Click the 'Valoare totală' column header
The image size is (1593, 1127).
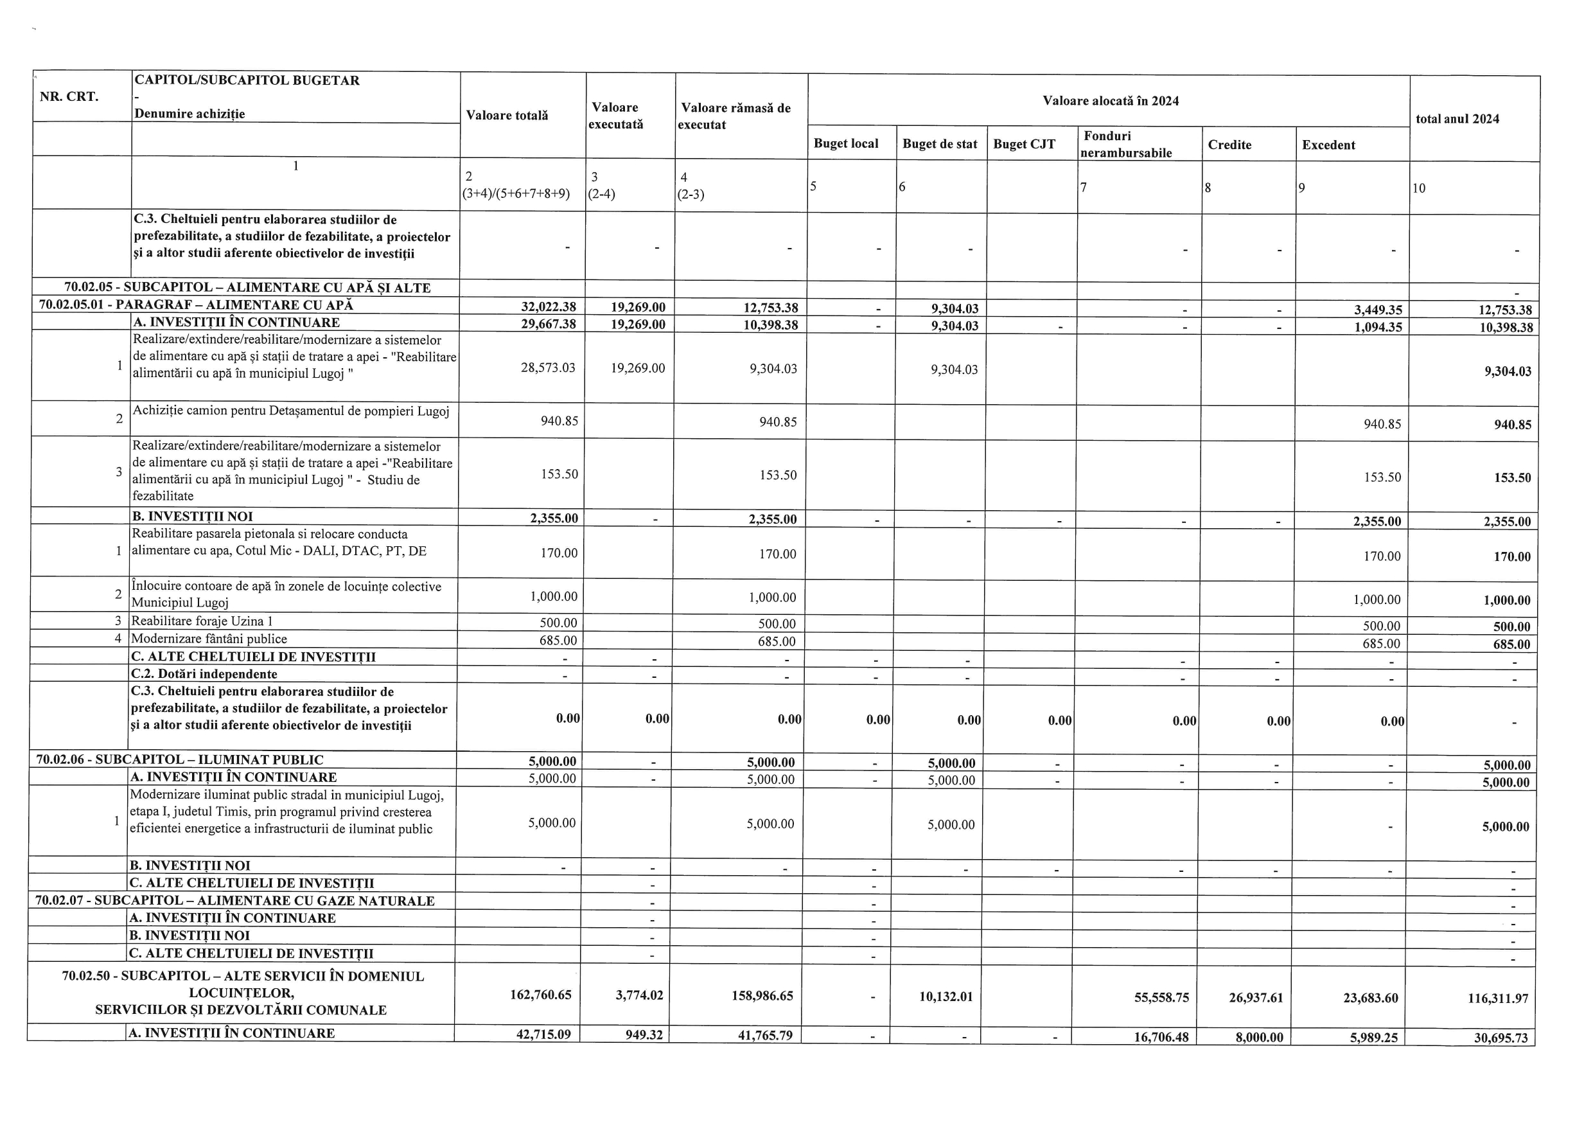click(x=507, y=115)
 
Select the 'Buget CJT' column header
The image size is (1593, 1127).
click(x=1024, y=145)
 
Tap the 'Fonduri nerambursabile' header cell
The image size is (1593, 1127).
click(x=1125, y=145)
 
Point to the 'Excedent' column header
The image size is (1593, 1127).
click(x=1328, y=145)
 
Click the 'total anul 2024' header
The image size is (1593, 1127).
click(x=1457, y=119)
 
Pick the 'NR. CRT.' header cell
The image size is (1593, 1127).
click(x=69, y=96)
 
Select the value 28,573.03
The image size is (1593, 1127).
click(x=547, y=368)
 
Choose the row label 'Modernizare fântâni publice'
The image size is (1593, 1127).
click(x=209, y=639)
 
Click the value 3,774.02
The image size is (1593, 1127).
click(x=639, y=995)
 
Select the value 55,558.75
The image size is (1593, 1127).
click(x=1161, y=997)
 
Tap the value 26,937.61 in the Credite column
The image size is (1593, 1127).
click(x=1256, y=998)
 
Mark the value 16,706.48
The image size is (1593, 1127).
click(x=1160, y=1037)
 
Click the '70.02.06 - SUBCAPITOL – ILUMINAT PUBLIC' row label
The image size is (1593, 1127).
click(x=180, y=760)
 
